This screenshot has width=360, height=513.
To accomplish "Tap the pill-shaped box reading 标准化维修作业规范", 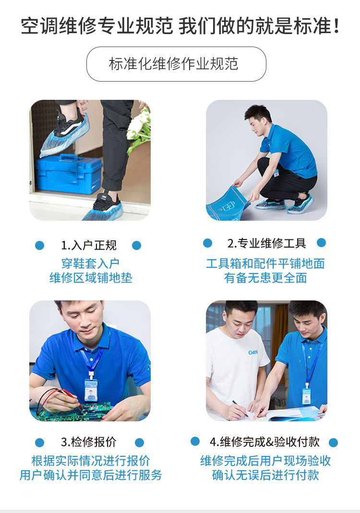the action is [176, 64].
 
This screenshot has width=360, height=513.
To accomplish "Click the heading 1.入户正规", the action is [89, 245].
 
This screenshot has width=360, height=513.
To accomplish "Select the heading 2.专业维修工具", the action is [266, 243].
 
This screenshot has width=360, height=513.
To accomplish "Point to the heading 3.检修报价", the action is [89, 442].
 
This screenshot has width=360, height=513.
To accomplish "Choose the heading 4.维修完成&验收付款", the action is [264, 441].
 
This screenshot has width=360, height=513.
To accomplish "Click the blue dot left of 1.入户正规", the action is [39, 245].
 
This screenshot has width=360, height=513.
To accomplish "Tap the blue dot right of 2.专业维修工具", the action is [322, 242].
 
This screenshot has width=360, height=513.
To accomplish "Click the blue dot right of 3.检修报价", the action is [139, 442].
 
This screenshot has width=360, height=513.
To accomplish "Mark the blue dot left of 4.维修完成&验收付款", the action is [195, 441].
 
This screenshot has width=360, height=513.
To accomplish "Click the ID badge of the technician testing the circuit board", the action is [91, 390].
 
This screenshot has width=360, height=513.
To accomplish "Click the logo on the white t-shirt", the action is [252, 352].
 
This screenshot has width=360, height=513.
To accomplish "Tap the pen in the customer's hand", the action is [240, 408].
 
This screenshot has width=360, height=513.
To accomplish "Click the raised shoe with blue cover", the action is [66, 134].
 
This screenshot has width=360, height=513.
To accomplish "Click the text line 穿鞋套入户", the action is [90, 263].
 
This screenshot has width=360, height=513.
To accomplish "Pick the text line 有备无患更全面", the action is [265, 278].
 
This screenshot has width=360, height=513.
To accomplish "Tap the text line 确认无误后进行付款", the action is [265, 475].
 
